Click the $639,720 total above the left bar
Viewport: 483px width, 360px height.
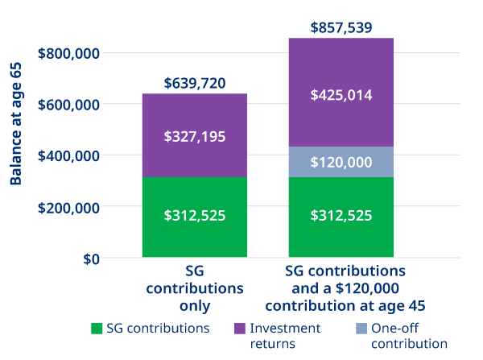(194, 83)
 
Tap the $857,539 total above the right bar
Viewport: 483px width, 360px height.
(341, 28)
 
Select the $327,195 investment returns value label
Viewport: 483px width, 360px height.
(194, 137)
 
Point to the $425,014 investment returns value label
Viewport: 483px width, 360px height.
(341, 95)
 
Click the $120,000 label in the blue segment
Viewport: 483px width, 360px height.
(341, 162)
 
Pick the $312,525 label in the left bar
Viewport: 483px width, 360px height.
(194, 216)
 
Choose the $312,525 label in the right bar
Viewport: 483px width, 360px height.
(341, 216)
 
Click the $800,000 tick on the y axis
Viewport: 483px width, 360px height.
(68, 53)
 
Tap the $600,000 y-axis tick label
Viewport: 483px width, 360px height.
(68, 105)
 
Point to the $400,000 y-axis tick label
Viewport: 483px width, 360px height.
(68, 155)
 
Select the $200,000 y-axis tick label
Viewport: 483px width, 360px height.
(68, 207)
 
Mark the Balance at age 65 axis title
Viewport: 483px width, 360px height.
(15, 122)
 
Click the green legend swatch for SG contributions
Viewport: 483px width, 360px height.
(97, 329)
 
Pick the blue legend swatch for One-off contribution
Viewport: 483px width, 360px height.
(360, 329)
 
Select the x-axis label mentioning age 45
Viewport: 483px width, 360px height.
(345, 288)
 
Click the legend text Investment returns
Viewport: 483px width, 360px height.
(285, 336)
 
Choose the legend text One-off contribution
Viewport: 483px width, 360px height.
(410, 336)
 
